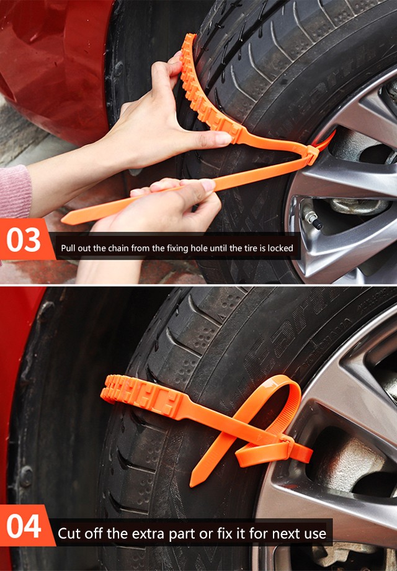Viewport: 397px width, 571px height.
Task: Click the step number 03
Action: [x=24, y=240]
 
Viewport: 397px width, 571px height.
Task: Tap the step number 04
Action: [x=24, y=526]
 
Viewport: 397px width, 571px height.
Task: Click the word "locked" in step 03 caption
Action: [x=280, y=248]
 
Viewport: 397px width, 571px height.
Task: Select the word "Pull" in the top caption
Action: [x=68, y=248]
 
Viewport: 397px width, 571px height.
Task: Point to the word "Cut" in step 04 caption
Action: [x=69, y=534]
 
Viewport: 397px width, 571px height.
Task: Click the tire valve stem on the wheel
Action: [x=313, y=220]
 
